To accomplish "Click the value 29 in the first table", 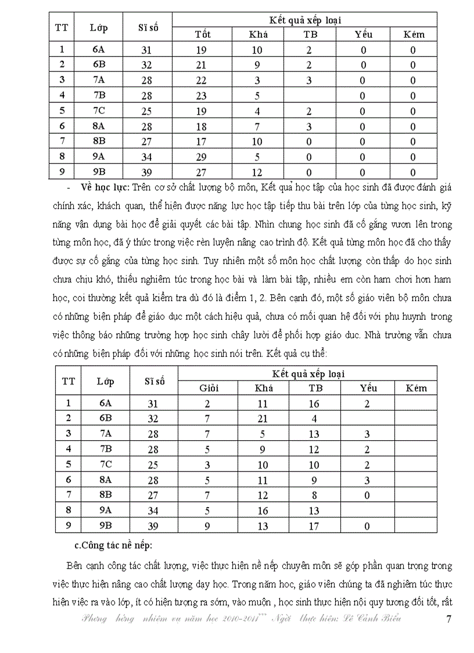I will [x=202, y=157].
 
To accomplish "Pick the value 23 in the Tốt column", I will [x=202, y=96].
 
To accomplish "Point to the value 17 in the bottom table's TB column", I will [x=314, y=526].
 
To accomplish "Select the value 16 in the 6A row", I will [x=314, y=403].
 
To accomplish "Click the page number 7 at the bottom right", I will [x=448, y=619].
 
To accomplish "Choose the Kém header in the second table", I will [x=415, y=388].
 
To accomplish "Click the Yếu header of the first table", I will [x=364, y=34].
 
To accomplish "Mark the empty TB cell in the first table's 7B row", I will [x=310, y=96].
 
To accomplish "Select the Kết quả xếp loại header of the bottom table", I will [x=307, y=373].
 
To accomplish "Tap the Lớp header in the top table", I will [x=98, y=27].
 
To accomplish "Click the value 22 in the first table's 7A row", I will [x=202, y=80].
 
